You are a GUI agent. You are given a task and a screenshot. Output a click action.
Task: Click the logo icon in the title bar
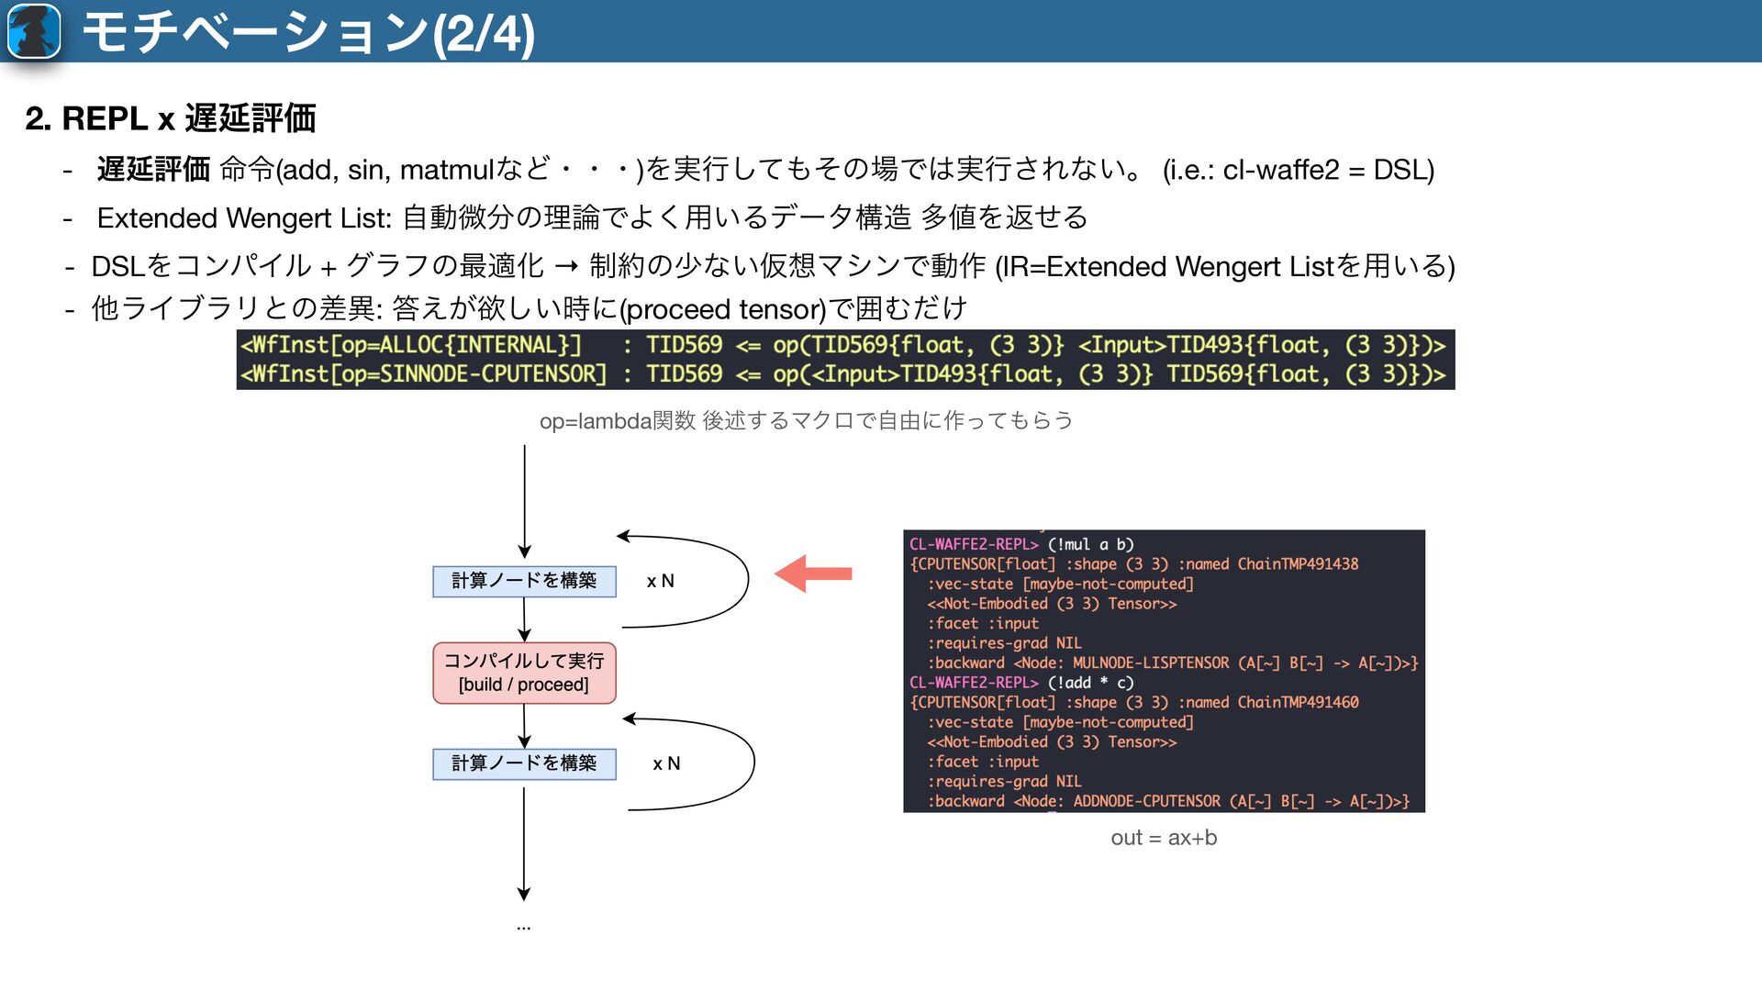[x=34, y=31]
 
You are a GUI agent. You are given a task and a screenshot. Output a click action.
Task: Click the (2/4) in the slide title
[x=483, y=33]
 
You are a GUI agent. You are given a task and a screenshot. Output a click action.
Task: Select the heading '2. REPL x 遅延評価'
[x=171, y=118]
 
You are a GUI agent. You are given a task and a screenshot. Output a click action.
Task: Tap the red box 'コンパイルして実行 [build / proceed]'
[x=524, y=673]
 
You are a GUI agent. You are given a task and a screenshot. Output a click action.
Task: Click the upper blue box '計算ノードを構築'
[x=524, y=581]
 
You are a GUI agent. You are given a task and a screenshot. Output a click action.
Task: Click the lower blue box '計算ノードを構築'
[x=524, y=763]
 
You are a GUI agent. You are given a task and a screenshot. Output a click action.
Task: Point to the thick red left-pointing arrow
[x=813, y=573]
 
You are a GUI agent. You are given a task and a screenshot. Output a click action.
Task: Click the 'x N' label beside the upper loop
[x=660, y=581]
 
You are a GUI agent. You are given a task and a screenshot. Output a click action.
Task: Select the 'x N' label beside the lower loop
[x=666, y=763]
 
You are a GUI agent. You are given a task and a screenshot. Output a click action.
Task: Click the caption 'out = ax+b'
[x=1164, y=838]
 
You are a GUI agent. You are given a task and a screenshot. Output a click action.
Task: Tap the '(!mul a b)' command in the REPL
[x=1091, y=544]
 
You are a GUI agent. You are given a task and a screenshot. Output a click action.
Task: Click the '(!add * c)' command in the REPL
[x=1091, y=683]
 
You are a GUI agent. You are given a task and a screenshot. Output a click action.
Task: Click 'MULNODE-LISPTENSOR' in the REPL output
[x=1151, y=663]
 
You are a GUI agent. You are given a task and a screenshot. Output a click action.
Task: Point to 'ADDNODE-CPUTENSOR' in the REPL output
[x=1147, y=801]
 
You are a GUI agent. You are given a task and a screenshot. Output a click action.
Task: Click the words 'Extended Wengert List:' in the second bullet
[x=244, y=218]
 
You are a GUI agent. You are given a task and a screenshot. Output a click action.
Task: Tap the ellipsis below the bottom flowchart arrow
[x=523, y=928]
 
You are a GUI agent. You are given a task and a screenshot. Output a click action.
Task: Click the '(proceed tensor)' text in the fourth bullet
[x=723, y=309]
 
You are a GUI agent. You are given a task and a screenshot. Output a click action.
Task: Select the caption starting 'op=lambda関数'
[x=806, y=421]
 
